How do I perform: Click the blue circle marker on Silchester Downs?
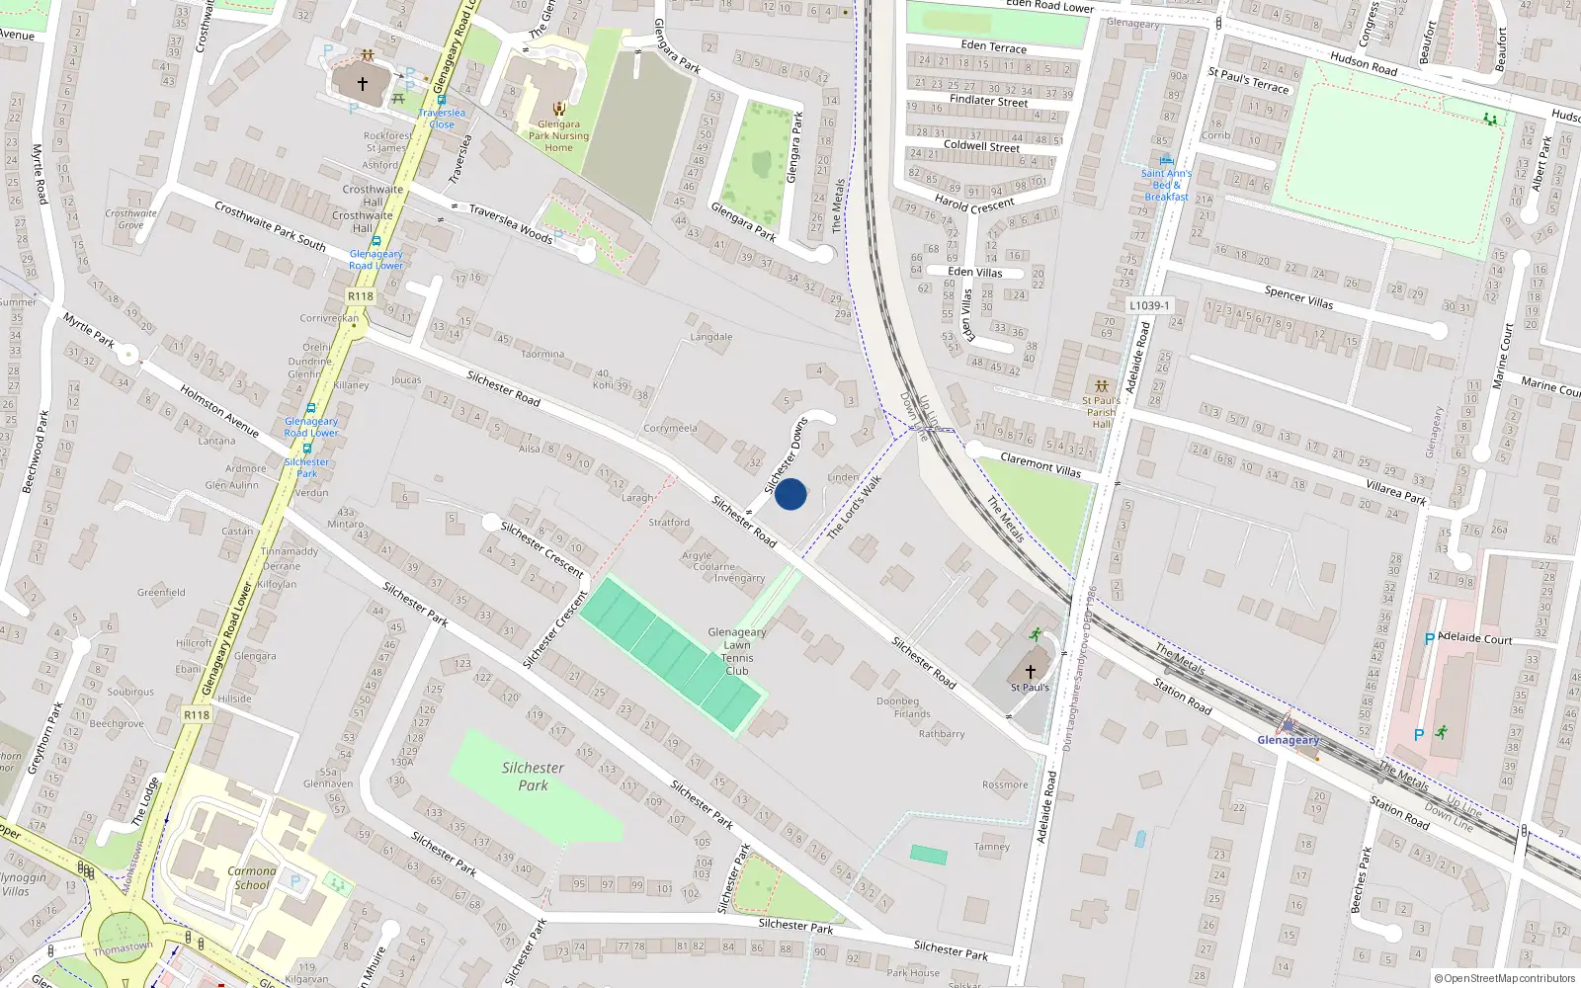click(790, 494)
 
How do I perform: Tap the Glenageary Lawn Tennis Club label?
click(737, 651)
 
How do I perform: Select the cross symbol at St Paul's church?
click(1030, 671)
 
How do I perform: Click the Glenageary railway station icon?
click(1289, 725)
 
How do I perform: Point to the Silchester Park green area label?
click(533, 777)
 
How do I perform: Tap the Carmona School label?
click(251, 877)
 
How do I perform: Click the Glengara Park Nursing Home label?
click(558, 136)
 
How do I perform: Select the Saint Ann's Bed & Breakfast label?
click(1166, 185)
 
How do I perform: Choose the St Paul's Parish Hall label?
click(1101, 412)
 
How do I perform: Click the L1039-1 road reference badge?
click(1149, 306)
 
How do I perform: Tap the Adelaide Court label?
click(1474, 638)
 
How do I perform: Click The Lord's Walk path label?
click(854, 508)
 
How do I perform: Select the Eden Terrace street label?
click(993, 46)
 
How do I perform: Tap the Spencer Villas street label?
click(1298, 297)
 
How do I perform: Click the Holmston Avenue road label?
click(219, 411)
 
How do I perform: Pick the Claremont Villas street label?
click(1040, 464)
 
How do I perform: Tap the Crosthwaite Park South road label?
click(270, 226)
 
